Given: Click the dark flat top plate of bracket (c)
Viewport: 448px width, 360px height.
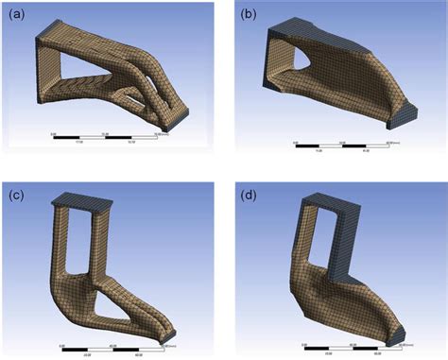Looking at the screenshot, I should click(83, 200).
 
